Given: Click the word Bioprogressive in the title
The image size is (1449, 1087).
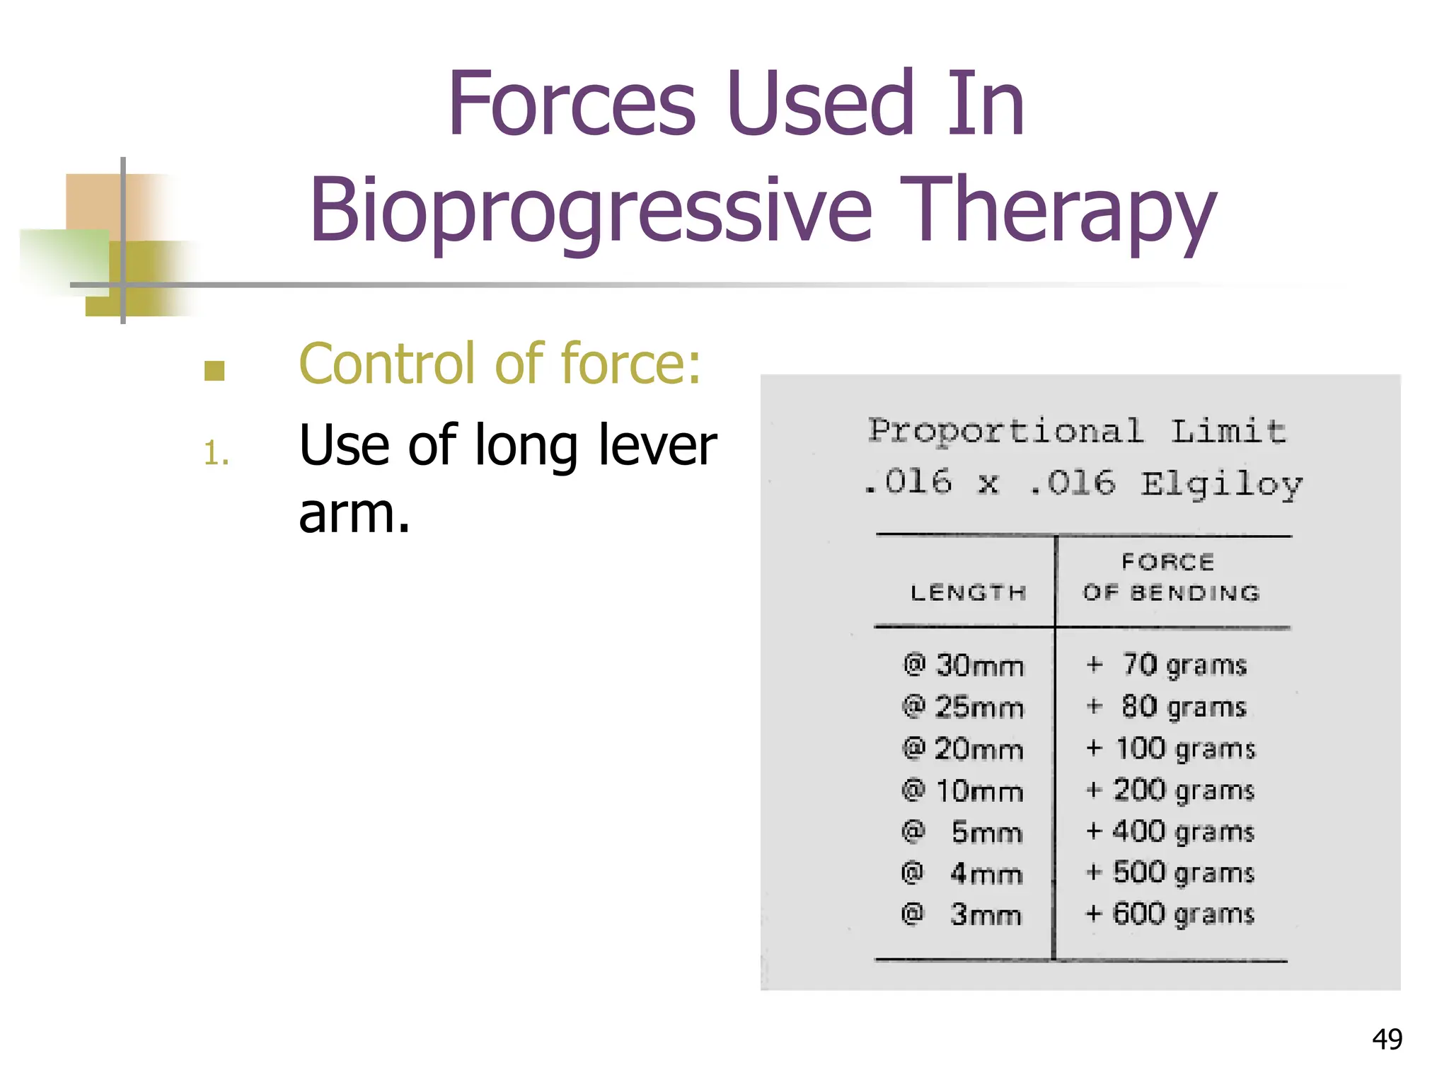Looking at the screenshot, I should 591,211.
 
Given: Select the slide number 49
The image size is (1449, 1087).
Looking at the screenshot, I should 1387,1039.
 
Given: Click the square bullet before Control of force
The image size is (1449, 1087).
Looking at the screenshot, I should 214,371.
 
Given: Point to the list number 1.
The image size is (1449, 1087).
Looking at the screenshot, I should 216,453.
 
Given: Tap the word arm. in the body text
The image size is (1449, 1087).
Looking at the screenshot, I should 354,513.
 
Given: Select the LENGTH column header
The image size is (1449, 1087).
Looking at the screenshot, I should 968,592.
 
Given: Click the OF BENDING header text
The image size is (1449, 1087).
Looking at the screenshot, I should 1172,592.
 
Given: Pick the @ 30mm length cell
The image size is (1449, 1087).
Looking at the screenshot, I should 964,665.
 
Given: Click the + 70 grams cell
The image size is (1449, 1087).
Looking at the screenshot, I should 1167,665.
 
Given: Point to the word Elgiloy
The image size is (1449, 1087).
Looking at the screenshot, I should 1221,485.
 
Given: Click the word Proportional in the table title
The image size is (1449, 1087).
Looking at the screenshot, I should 1005,431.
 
